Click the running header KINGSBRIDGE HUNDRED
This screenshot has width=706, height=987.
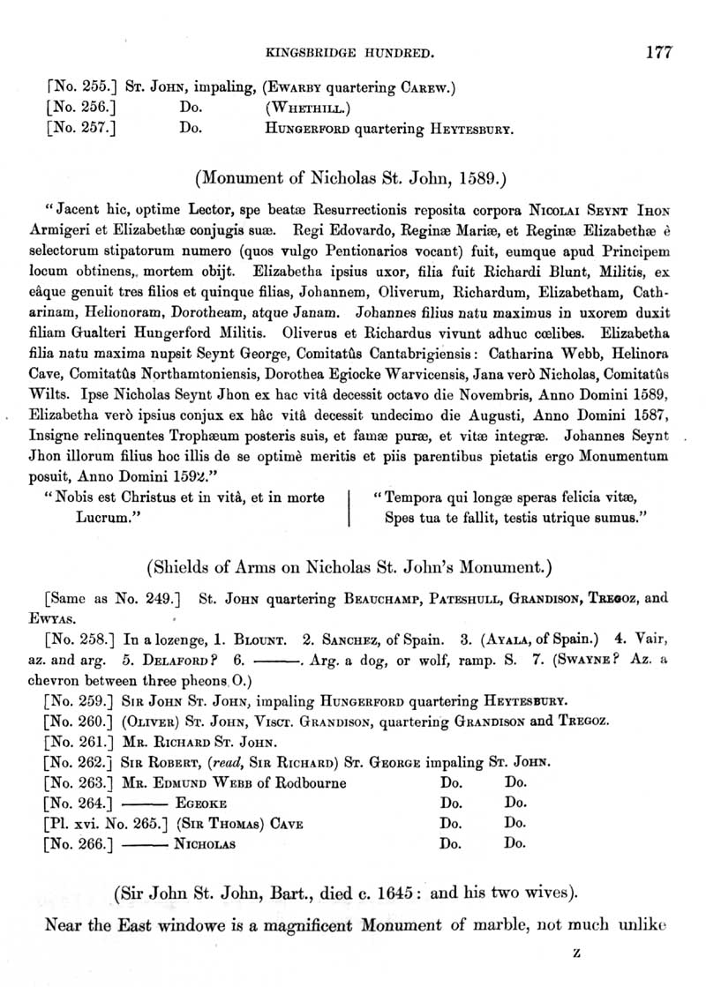[x=348, y=55]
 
